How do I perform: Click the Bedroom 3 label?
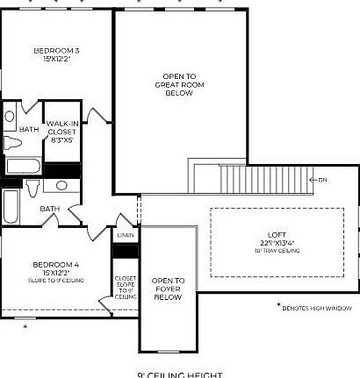(57, 50)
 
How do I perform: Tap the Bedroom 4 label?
(56, 264)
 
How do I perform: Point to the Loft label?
(277, 234)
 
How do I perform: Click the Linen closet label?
(125, 235)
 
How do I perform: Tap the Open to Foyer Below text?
(167, 289)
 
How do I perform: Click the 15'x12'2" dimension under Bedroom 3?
(57, 59)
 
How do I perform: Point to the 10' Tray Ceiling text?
(277, 251)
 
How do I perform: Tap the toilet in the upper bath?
(12, 142)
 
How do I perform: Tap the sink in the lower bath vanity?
(62, 185)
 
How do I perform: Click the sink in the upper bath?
(10, 117)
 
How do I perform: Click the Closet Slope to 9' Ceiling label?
(125, 289)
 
